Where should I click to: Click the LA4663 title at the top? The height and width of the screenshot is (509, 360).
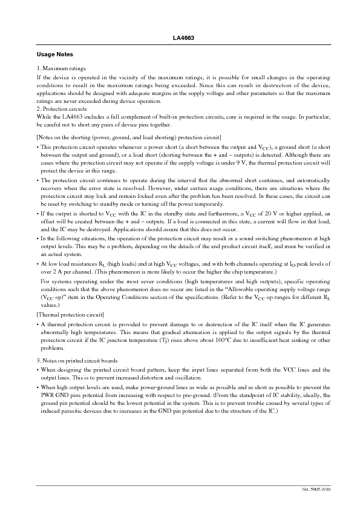click(180, 38)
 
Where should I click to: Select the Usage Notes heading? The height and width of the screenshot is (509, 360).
click(55, 54)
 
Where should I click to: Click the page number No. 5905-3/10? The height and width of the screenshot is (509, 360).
click(316, 488)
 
